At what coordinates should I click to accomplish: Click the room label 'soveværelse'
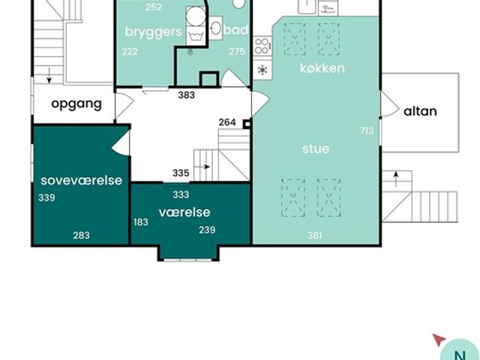pos(82,180)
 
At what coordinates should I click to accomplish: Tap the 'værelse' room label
pos(184,212)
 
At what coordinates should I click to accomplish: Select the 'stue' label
pos(316,148)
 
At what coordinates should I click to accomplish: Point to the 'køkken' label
pos(322,68)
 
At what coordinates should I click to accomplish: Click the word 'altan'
pos(420,111)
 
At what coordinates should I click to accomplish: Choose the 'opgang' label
pos(76,104)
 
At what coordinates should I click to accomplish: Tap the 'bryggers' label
pos(153,31)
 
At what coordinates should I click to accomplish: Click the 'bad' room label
pos(235,30)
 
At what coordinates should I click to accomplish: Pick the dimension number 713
pos(367,131)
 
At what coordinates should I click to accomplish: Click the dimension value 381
pos(315,235)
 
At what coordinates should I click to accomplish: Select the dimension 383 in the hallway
pos(187,95)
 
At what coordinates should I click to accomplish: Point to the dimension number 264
pos(227,122)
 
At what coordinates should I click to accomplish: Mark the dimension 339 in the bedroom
pos(46,198)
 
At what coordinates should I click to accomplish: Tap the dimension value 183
pos(141,222)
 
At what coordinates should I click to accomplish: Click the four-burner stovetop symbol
pos(262,46)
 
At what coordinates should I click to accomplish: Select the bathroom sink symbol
pos(216,28)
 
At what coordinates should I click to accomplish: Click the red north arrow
pos(439,340)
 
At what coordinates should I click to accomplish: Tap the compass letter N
pos(460,355)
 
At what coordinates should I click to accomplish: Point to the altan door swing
pos(390,104)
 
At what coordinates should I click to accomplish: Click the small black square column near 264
pos(247,124)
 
